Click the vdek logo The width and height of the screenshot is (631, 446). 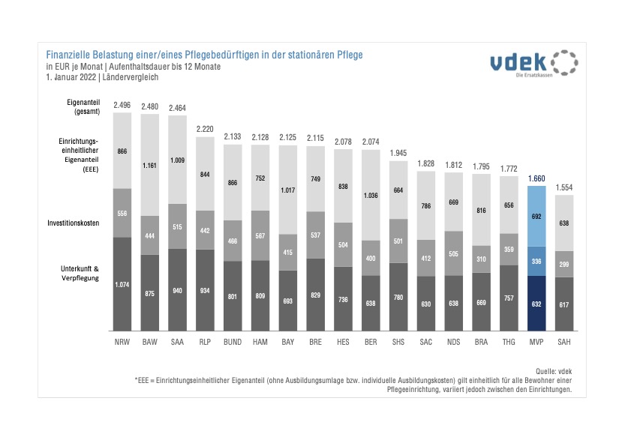pos(533,64)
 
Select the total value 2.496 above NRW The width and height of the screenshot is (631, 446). pos(122,106)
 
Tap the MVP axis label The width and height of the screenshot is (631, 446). pos(536,343)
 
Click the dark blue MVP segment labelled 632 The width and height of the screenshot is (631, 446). pos(536,304)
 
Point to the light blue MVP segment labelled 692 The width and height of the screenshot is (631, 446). pos(536,216)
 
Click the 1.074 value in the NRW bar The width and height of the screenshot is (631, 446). pos(122,285)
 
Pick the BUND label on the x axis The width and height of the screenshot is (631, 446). pos(233,343)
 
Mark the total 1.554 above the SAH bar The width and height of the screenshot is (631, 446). pos(563,187)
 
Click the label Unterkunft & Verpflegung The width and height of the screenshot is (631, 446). pos(80,272)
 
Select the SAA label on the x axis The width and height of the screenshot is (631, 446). pos(177,343)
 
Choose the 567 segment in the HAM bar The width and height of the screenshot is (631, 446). pos(260,235)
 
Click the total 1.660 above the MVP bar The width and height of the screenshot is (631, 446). pos(536,178)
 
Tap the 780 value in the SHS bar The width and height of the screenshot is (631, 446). pos(398,297)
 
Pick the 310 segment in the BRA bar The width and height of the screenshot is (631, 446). pos(480,259)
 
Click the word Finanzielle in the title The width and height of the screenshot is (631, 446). pos(69,55)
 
